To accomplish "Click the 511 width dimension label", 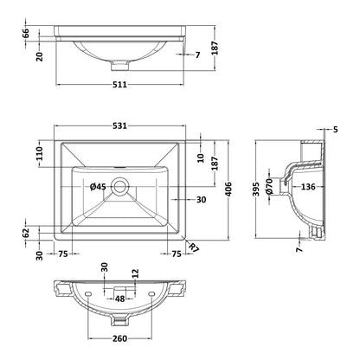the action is point(119,85).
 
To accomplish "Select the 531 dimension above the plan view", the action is point(119,125).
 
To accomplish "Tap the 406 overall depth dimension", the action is point(228,190).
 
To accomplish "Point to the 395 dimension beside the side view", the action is point(256,190).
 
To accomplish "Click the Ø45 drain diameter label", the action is point(98,187).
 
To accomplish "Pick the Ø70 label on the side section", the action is point(269,186).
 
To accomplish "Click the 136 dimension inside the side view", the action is point(308,187).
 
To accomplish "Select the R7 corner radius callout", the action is point(195,247).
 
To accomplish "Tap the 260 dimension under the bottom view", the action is point(119,338).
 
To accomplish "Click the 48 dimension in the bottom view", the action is point(119,299).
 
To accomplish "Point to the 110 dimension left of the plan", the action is point(40,154).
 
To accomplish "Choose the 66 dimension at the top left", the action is point(26,33).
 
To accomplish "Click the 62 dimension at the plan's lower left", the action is point(26,233).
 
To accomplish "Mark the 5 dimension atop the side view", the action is point(335,130).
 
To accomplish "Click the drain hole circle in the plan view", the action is point(119,186).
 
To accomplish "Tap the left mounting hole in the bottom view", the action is point(88,293).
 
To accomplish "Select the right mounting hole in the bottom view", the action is point(151,293).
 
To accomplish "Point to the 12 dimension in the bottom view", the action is point(136,273).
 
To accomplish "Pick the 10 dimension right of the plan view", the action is point(201,157).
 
